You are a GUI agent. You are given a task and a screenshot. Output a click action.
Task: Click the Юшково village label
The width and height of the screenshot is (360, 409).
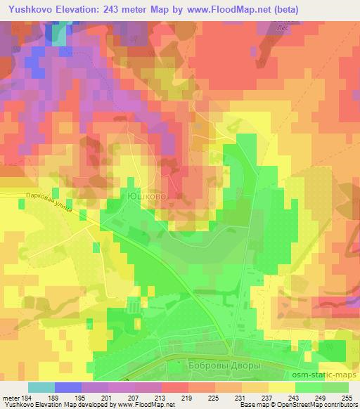[147, 197]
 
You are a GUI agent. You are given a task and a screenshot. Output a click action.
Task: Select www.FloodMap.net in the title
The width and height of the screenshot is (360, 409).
[226, 10]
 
